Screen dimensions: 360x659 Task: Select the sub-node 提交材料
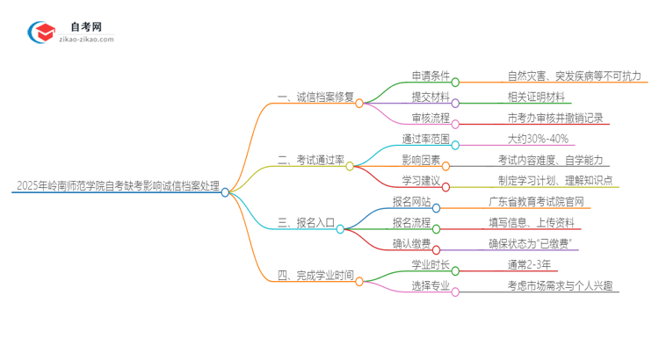[431, 97]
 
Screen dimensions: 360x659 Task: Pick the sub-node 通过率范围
[425, 139]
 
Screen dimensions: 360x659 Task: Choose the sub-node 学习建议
[421, 181]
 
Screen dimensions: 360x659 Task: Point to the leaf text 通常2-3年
[530, 264]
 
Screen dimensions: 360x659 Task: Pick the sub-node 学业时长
[431, 264]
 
